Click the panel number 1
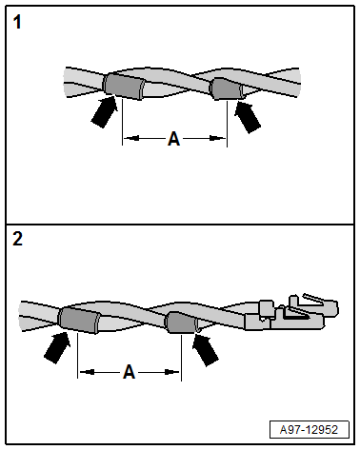tap(17, 23)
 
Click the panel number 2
tap(17, 239)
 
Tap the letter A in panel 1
tap(173, 139)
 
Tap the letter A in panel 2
tap(129, 372)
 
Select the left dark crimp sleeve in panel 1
tap(124, 86)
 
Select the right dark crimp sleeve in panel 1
tap(227, 88)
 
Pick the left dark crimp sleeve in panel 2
tap(79, 320)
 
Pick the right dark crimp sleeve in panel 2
tap(182, 323)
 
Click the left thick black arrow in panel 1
tap(104, 112)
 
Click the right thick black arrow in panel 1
tap(248, 117)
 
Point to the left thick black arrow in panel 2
tap(57, 347)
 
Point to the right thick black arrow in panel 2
tap(206, 350)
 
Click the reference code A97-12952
tap(309, 430)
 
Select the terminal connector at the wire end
tap(291, 313)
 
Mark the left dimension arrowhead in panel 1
tap(131, 138)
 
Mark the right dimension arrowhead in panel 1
tap(218, 138)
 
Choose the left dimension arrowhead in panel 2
tap(87, 372)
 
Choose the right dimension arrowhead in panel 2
tap(172, 372)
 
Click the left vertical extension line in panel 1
tap(122, 122)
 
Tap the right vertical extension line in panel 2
tap(181, 358)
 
